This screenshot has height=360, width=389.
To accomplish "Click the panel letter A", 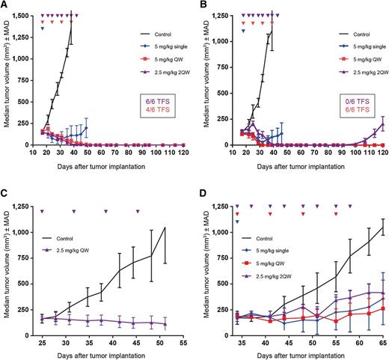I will (x=5, y=5).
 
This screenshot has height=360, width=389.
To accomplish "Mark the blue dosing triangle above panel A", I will (x=43, y=29).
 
